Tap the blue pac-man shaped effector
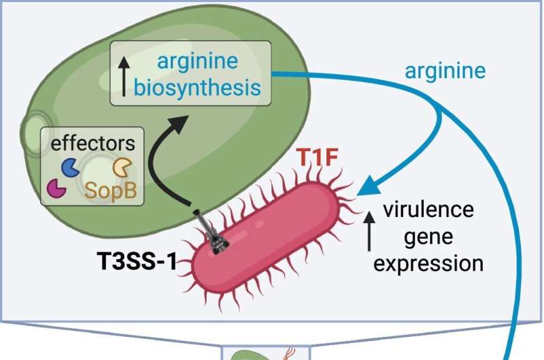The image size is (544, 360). coord(69,167)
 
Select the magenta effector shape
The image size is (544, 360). coord(57,188)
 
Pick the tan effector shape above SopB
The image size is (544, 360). coord(121,167)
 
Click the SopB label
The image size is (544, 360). coord(110,193)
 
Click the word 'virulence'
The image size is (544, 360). coord(428,209)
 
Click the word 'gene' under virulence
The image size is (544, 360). coord(428,235)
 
